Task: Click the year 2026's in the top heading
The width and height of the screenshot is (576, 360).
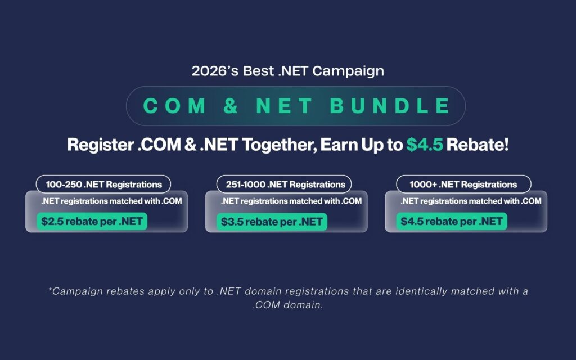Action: coord(215,71)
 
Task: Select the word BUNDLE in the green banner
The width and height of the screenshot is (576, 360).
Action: coord(390,106)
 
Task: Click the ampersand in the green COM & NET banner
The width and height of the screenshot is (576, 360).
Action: coord(231,106)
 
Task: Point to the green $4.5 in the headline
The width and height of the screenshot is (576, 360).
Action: coord(425,145)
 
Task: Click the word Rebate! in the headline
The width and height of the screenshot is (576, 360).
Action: coord(478,145)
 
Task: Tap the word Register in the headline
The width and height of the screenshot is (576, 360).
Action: coord(100,145)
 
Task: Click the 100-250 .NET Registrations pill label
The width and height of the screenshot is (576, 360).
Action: coord(103,184)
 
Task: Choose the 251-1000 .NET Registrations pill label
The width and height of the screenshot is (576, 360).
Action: coord(284,184)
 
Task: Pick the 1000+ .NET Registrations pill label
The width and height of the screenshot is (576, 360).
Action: coord(463,184)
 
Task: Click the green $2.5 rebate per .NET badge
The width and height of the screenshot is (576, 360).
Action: coord(92,222)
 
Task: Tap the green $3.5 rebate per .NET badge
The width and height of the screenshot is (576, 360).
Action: coord(272,222)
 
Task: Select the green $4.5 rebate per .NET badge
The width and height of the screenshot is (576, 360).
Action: coord(452,222)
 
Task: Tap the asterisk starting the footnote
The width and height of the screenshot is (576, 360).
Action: coord(50,289)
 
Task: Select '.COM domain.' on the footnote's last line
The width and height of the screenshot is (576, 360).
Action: coord(287,305)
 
